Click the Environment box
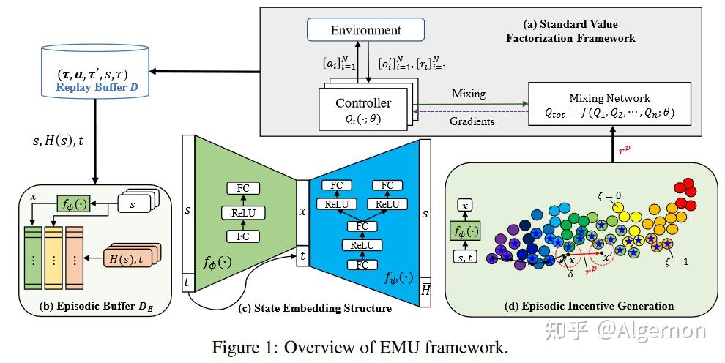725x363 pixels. coord(366,30)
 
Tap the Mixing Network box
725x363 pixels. coord(609,105)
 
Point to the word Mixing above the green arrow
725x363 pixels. coord(468,94)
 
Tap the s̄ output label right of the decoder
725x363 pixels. coord(425,214)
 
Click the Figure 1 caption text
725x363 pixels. coord(359,346)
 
